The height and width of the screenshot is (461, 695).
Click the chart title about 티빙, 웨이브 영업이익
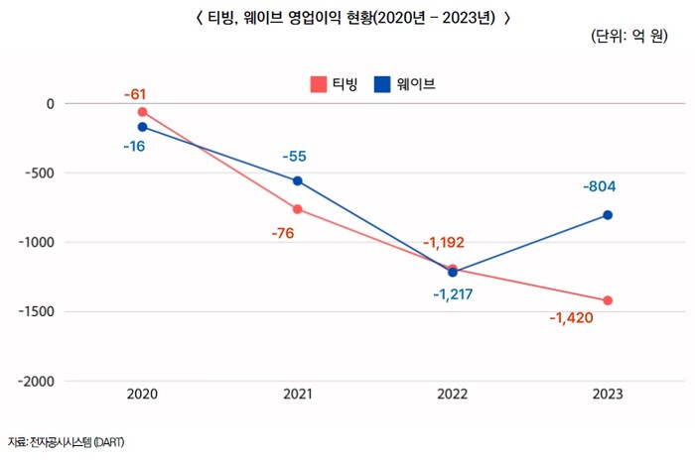coord(347,16)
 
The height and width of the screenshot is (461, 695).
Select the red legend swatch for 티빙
coord(318,84)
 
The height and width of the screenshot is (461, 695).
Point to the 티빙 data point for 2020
coord(142,112)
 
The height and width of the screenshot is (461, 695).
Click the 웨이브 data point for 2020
coord(142,127)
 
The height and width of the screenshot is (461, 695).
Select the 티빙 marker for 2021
coord(297,209)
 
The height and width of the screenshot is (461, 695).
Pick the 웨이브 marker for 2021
coord(297,181)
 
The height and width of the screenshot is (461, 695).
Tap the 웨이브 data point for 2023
coord(608,215)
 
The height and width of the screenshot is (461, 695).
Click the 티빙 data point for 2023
coord(608,300)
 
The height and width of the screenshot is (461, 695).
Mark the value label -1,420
coord(571,318)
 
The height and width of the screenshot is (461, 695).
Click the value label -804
coord(607,186)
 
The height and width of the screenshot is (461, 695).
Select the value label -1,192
coord(443,242)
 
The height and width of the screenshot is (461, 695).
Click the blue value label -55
coord(295,157)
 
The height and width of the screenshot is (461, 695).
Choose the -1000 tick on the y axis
coord(37,242)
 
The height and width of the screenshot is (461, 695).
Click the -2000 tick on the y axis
coord(37,381)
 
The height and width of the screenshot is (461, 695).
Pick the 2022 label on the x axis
coord(452,395)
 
